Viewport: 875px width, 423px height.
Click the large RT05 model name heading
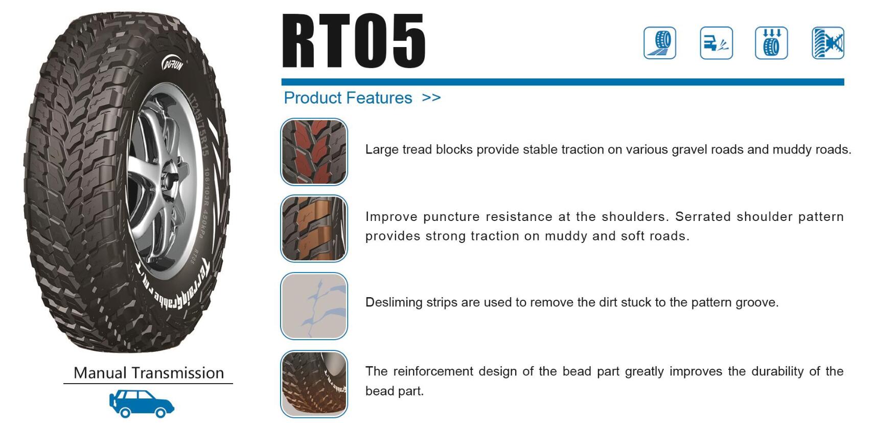point(354,40)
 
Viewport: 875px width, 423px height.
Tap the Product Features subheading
point(348,98)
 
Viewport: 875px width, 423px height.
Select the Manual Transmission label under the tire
point(149,373)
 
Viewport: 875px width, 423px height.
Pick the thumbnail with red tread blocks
point(314,152)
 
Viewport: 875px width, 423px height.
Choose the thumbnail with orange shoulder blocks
point(314,228)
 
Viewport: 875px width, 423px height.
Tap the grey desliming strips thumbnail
point(314,306)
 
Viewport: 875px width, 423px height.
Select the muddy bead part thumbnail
point(314,384)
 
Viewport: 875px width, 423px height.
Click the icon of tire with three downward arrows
point(771,43)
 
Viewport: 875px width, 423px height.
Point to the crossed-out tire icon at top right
point(828,43)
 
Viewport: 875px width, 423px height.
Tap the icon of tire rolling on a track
point(660,43)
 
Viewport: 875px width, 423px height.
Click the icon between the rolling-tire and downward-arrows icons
point(716,43)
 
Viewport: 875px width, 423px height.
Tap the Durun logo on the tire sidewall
point(173,64)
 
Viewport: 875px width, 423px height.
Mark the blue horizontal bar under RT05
point(563,82)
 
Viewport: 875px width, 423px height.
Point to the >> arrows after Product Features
point(431,97)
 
